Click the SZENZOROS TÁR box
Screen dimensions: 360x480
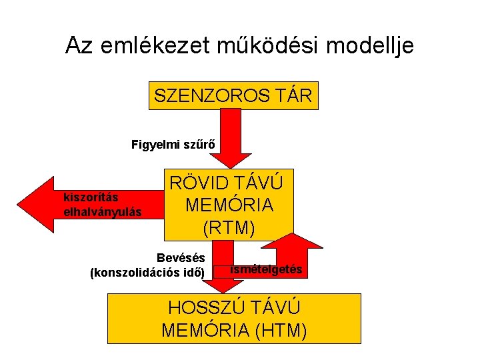pos(233,95)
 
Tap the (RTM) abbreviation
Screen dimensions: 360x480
pos(229,228)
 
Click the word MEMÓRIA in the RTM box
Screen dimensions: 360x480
pos(229,205)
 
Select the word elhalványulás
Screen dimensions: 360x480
pos(102,212)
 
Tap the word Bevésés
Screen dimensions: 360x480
pos(181,258)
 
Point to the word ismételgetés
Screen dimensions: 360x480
pos(266,269)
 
